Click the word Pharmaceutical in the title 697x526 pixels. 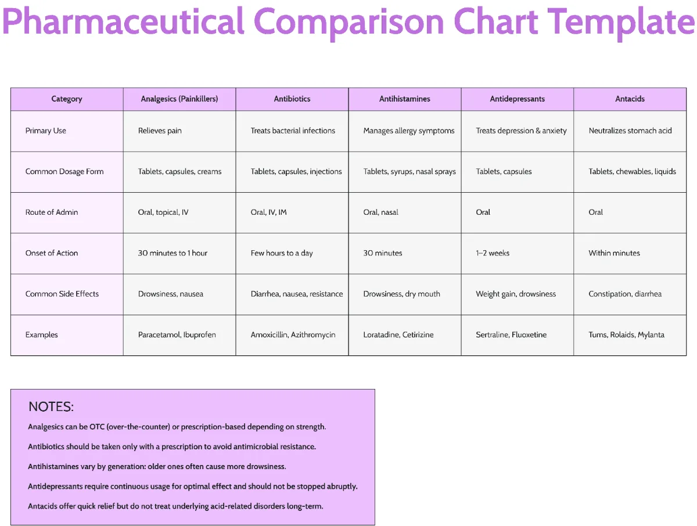(x=123, y=22)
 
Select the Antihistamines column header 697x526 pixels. (x=404, y=99)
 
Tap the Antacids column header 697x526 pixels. (x=630, y=99)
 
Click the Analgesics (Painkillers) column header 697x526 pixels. (x=179, y=99)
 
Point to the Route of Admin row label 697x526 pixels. (x=52, y=212)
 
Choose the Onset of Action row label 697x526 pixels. (x=52, y=253)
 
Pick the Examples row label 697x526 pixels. (x=42, y=334)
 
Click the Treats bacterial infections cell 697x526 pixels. (x=293, y=131)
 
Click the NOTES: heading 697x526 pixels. (x=51, y=406)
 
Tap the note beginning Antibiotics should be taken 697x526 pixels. (x=172, y=446)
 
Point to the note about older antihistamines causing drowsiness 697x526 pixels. (x=157, y=466)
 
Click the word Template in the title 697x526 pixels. (x=621, y=22)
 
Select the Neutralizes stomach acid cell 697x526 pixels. (x=630, y=131)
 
